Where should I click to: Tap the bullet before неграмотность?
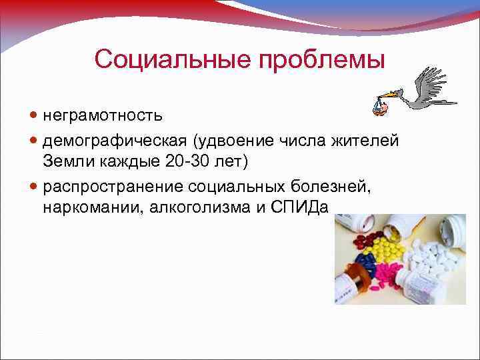[35, 116]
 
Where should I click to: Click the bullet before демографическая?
[35, 141]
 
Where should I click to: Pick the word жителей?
[369, 141]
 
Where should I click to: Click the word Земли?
[67, 161]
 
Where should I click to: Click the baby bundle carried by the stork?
[379, 106]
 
